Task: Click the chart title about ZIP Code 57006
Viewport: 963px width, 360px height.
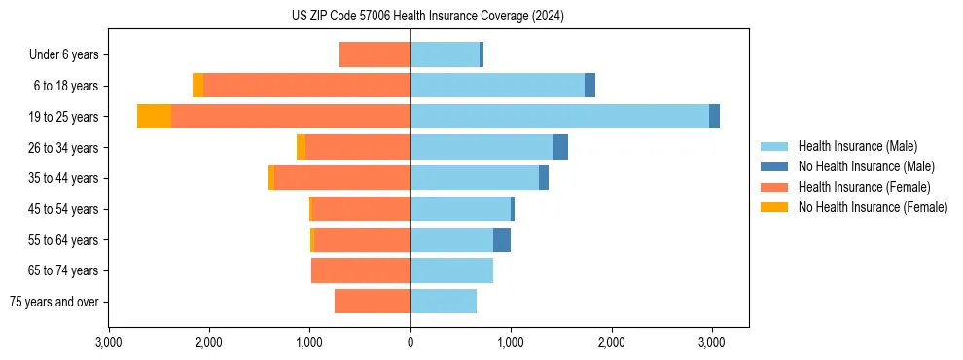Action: click(427, 17)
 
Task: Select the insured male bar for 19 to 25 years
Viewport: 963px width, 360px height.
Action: click(559, 116)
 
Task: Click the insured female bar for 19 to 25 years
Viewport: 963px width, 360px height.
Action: click(291, 116)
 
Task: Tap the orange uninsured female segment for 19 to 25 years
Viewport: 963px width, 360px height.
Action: click(154, 116)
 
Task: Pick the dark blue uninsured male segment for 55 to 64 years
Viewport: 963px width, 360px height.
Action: click(502, 239)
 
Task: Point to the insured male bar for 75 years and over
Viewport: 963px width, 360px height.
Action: click(444, 302)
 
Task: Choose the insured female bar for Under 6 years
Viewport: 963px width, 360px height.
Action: click(374, 54)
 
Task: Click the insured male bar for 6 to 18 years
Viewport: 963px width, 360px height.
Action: click(497, 86)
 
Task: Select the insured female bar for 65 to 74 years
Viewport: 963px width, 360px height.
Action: click(361, 270)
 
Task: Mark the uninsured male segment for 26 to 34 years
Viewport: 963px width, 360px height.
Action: click(560, 147)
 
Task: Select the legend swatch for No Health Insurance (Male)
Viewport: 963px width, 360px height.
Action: click(774, 166)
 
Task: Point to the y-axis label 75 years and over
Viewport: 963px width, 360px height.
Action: click(54, 302)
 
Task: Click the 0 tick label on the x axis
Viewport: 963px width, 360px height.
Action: click(410, 343)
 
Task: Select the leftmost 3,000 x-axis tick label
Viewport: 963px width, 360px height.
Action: click(109, 343)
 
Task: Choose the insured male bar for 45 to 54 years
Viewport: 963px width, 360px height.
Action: click(460, 208)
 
